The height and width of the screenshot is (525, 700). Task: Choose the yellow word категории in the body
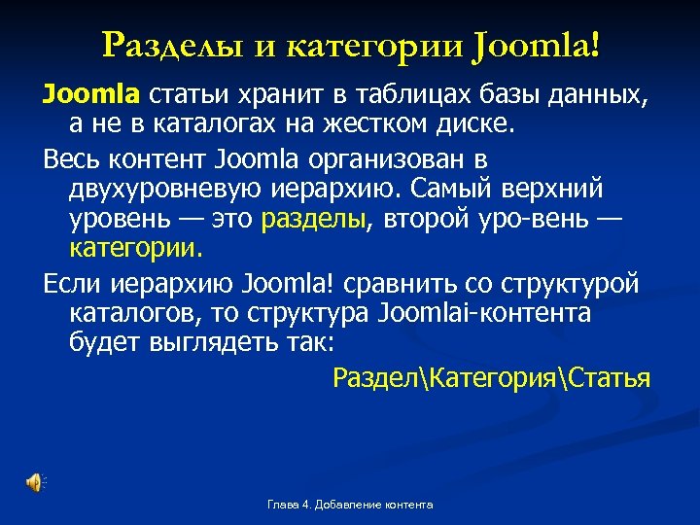136,247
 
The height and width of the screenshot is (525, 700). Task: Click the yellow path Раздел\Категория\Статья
491,377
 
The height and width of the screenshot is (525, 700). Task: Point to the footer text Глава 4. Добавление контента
349,505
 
